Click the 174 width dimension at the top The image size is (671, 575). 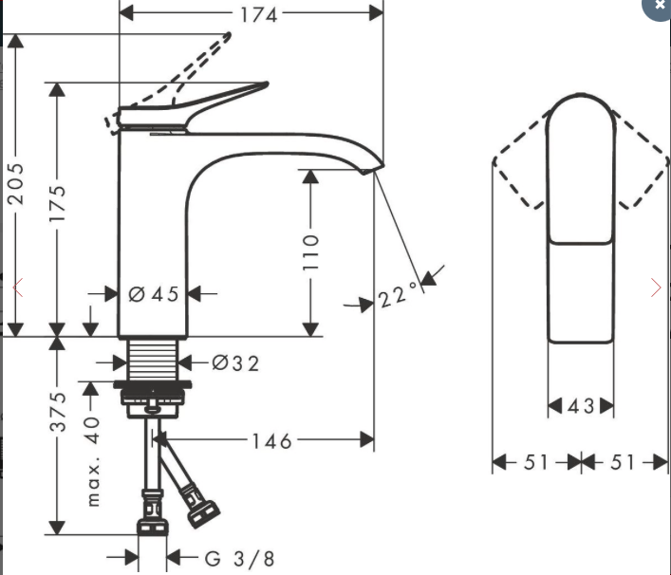pos(258,14)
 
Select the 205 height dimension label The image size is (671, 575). pos(16,183)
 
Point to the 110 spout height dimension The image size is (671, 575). pos(311,252)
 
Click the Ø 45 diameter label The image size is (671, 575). pos(154,294)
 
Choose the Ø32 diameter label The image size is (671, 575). pos(235,362)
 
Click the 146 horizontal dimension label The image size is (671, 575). pos(271,440)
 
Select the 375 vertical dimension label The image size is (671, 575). pos(58,412)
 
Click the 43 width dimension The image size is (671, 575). pos(581,406)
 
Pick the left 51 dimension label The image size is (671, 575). pos(536,462)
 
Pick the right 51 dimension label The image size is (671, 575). pos(623,462)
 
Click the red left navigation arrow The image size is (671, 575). pos(17,287)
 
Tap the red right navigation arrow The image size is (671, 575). pos(656,287)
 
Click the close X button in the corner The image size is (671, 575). pos(660,6)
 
